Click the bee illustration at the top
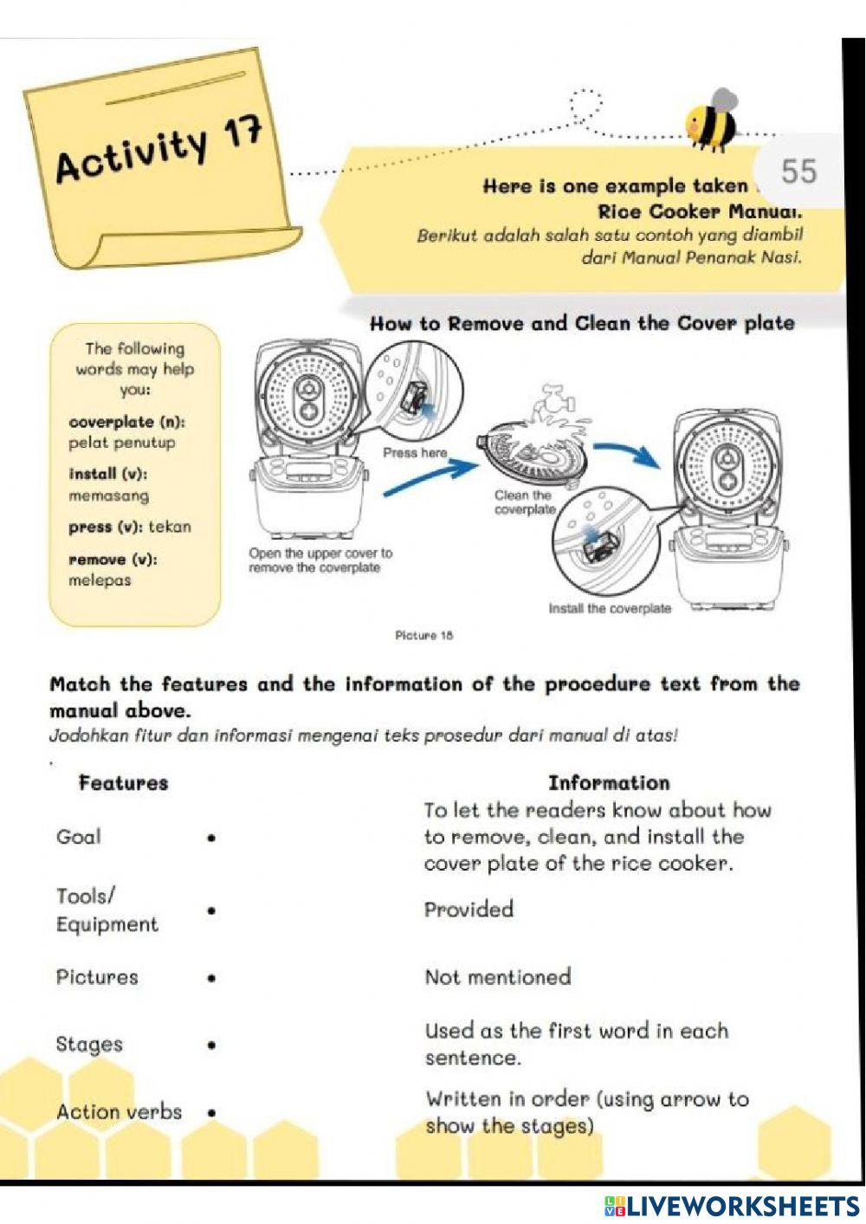(x=711, y=120)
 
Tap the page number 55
(x=798, y=171)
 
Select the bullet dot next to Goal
(x=211, y=838)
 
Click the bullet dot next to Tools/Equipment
(x=211, y=910)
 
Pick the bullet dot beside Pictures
(x=211, y=978)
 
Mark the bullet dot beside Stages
(x=211, y=1046)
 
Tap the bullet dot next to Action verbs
(x=211, y=1112)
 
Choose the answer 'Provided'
(x=469, y=910)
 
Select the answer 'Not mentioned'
(x=497, y=977)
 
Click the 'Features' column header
(x=123, y=783)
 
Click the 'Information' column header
(x=608, y=783)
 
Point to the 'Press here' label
(x=415, y=452)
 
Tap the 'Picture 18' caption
(x=423, y=635)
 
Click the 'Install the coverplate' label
(x=610, y=608)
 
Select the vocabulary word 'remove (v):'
(x=113, y=560)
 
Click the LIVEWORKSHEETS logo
(x=732, y=1206)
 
